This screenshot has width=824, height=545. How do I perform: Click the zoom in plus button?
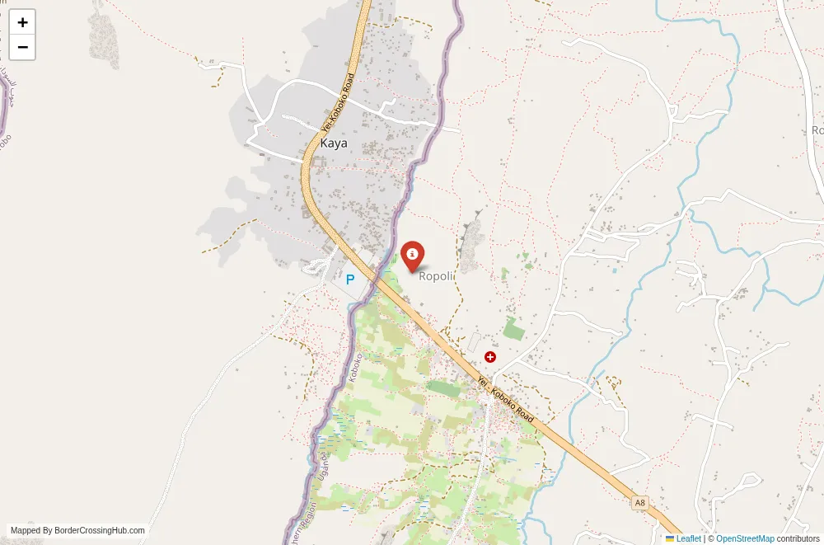coord(22,22)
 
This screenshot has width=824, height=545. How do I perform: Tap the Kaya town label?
coord(334,143)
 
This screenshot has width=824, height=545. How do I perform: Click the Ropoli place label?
coord(437,276)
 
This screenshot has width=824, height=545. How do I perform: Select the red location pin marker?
coord(412,255)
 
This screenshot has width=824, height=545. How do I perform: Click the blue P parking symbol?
coord(350,280)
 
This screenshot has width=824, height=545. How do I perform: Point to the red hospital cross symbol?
coord(490,357)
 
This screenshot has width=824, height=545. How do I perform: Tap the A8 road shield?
coord(639,502)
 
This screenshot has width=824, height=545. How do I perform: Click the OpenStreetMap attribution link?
coord(745,538)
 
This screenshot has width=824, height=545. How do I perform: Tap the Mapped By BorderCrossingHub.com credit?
coord(77,531)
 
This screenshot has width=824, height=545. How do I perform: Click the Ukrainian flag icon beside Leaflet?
coord(670,538)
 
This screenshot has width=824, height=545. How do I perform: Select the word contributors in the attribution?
coord(798,538)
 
